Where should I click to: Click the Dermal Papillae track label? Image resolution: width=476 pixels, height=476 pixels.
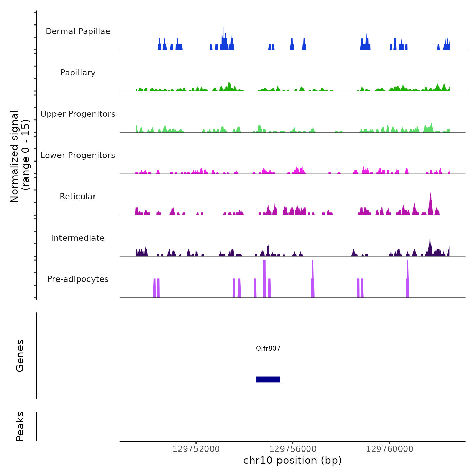78,31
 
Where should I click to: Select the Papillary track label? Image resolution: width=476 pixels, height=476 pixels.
78,73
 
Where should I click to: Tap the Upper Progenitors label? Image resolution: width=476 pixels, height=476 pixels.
78,114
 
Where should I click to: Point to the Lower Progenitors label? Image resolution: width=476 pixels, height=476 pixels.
78,155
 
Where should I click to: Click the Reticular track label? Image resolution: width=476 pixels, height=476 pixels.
78,197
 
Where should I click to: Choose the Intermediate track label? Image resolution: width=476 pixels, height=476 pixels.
78,238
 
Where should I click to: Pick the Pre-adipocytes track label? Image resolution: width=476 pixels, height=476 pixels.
78,279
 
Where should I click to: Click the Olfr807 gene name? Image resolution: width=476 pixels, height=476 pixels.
268,348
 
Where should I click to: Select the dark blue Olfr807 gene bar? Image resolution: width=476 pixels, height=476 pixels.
268,379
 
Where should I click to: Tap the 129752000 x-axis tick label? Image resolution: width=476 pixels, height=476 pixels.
196,449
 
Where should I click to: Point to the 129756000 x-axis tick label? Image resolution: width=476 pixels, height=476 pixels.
293,449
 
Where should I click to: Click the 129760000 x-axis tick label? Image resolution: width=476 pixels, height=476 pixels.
390,449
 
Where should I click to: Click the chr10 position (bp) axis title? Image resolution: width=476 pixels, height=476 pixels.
292,460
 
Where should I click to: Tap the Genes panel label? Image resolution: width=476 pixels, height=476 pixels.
20,356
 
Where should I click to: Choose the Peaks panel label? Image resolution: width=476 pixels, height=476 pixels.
20,426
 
